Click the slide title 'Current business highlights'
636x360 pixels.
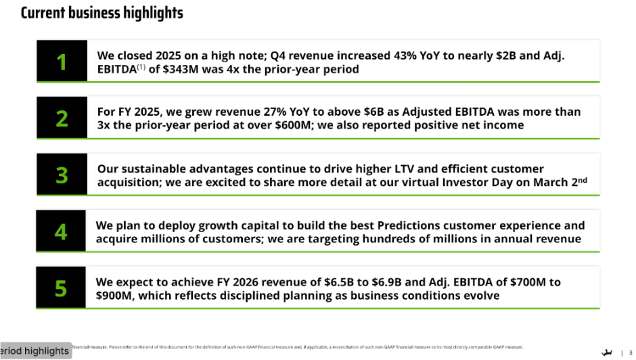click(102, 13)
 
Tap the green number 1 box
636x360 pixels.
click(62, 62)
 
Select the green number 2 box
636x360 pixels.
click(62, 118)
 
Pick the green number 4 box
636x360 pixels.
click(61, 231)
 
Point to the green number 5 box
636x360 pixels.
click(61, 288)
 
